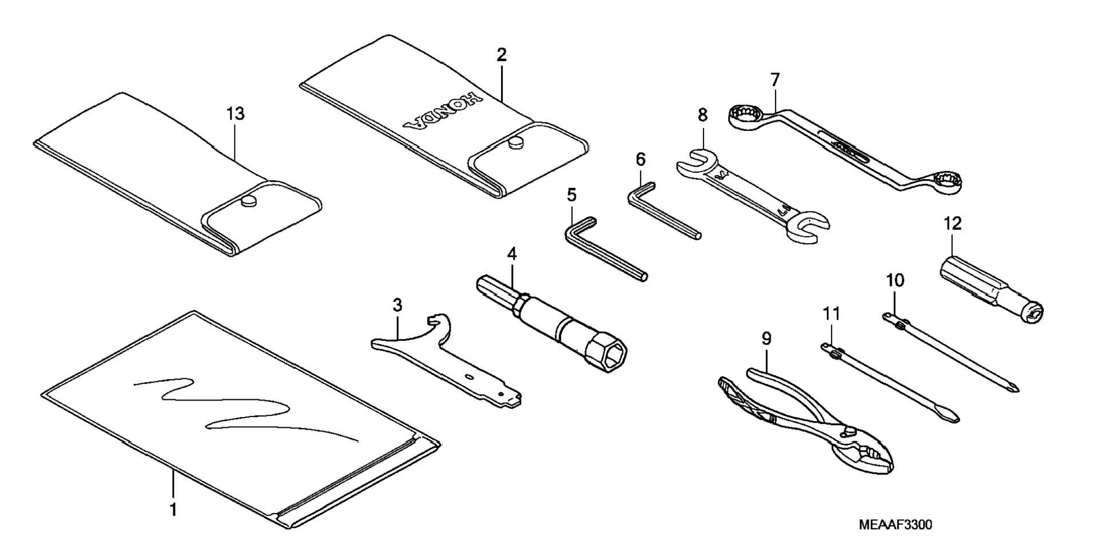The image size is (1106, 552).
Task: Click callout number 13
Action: [235, 114]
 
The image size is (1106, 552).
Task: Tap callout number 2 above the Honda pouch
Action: [501, 55]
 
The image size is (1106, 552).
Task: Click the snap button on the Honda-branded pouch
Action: [516, 142]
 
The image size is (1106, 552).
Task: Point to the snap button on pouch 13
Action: [248, 200]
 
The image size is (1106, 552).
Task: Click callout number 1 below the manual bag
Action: [173, 509]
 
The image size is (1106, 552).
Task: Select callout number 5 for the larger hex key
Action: [572, 194]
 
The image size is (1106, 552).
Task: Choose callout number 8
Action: [702, 115]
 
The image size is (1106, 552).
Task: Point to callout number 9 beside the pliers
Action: [766, 339]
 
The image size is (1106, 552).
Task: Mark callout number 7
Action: [775, 80]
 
